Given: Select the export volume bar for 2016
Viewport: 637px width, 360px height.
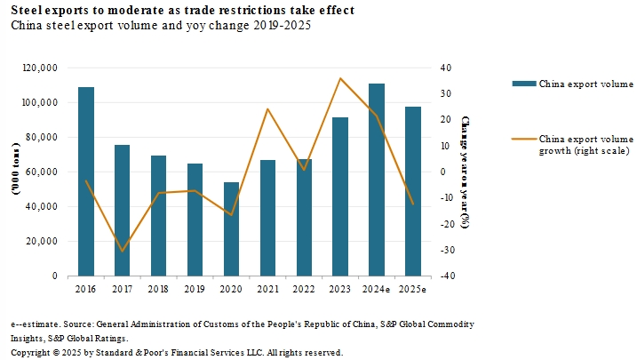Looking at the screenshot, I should pyautogui.click(x=86, y=181).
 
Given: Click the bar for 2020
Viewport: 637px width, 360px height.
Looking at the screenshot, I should pyautogui.click(x=231, y=228).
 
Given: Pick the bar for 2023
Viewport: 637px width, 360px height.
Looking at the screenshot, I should pyautogui.click(x=340, y=196).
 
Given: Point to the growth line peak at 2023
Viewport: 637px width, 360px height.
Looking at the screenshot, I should pyautogui.click(x=340, y=78).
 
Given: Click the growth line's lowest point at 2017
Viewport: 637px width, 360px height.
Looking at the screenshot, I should pyautogui.click(x=123, y=252).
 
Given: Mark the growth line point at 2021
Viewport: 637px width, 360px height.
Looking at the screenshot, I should pyautogui.click(x=267, y=109).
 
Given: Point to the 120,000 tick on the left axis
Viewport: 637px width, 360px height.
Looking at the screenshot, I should pyautogui.click(x=39, y=68).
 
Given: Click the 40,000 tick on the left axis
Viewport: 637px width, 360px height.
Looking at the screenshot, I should pyautogui.click(x=42, y=206).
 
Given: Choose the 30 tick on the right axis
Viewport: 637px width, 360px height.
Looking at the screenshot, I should pyautogui.click(x=446, y=93).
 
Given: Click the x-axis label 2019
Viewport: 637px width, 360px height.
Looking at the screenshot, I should pyautogui.click(x=195, y=290).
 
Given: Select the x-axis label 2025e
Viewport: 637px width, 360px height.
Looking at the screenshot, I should pyautogui.click(x=412, y=290).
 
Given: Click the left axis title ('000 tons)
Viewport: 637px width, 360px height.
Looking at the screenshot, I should pyautogui.click(x=16, y=172).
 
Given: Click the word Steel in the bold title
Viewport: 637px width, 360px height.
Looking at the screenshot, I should pyautogui.click(x=25, y=10).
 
